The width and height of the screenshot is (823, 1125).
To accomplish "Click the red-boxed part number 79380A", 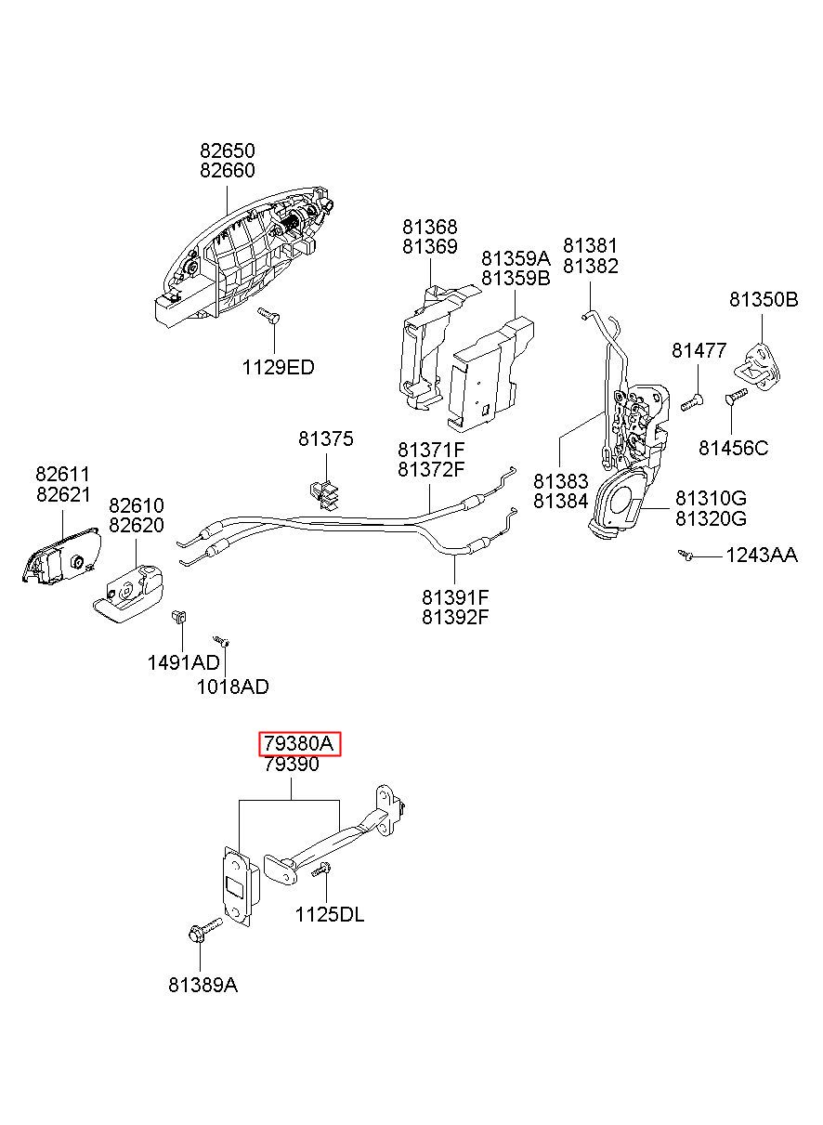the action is coord(299,743).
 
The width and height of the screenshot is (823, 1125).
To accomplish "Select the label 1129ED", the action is coord(278,368).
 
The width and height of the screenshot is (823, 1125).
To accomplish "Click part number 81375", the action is coord(326,439).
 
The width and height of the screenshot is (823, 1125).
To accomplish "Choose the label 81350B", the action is coord(764,300).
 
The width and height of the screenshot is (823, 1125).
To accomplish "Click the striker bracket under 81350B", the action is coord(758,366).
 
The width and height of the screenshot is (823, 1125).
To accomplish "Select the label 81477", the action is coord(699,350).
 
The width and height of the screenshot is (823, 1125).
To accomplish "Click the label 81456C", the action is coord(734,448).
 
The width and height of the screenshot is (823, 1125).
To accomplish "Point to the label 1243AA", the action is coord(762,556).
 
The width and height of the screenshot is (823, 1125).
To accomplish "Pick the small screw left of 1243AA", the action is coord(685,555).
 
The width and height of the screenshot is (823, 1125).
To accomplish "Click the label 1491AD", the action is coord(183,663).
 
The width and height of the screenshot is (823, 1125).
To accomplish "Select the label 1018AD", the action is coord(232,687).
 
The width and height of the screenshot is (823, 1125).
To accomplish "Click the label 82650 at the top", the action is coord(228,150).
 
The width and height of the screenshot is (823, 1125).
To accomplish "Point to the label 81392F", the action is coord(455,617).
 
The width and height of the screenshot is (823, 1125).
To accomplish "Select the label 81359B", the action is coord(516,278).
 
